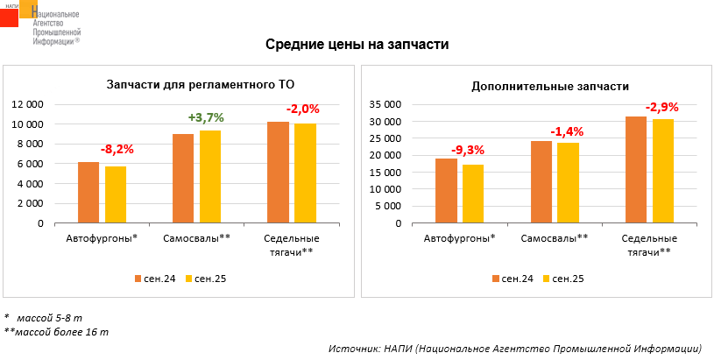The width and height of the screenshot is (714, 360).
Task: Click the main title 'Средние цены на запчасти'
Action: [357, 45]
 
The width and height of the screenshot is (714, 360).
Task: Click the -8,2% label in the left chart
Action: [117, 149]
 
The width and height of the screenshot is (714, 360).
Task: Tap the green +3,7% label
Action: [206, 117]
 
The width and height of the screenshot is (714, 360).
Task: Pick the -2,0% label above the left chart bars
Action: [302, 109]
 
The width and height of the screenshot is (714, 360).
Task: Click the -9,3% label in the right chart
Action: [467, 150]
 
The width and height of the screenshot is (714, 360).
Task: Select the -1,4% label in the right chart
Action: [566, 131]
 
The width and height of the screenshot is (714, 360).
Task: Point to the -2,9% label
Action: [661, 107]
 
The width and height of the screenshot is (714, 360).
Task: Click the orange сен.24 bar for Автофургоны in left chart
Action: [88, 193]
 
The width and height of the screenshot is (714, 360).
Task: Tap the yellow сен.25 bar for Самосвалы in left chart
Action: [210, 176]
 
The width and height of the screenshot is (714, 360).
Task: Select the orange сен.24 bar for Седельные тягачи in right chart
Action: [636, 170]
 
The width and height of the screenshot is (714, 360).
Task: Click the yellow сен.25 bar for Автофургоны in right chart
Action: [474, 194]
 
